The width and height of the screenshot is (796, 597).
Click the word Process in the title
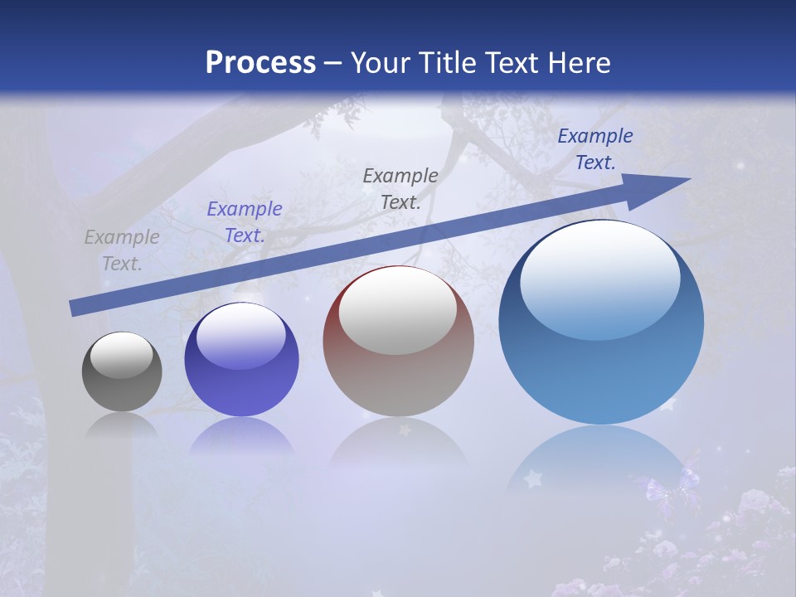click(x=260, y=63)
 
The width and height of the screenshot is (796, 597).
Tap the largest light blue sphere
click(x=601, y=365)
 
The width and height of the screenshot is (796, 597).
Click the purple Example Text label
click(x=245, y=222)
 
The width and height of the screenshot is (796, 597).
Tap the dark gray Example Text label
click(x=400, y=188)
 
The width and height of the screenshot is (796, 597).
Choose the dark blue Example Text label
click(x=595, y=149)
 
